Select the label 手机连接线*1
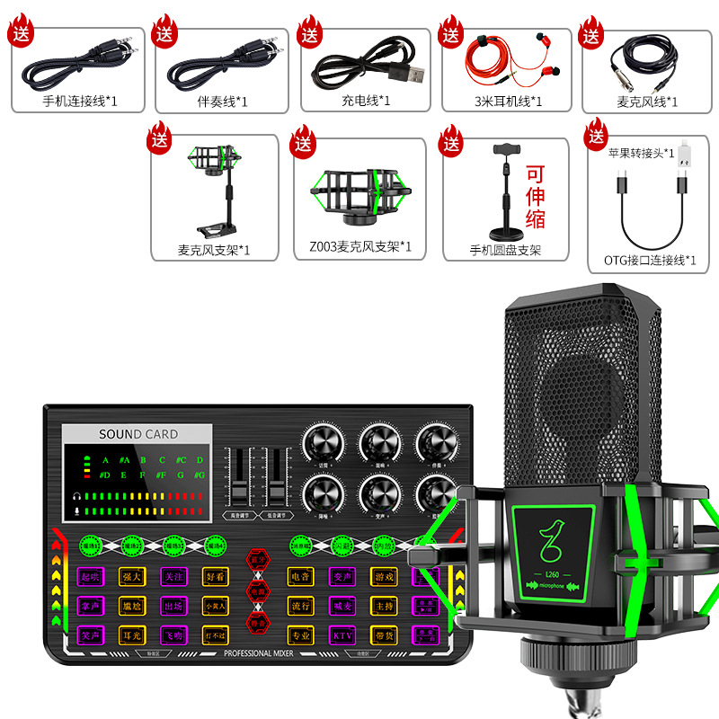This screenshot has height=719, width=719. coord(80,101)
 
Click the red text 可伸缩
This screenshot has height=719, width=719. coord(536,196)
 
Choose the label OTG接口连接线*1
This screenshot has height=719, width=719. coord(644,261)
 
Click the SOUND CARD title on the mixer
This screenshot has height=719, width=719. coord(138,434)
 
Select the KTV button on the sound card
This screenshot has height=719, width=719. coord(343,635)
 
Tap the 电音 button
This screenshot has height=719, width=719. coord(300,574)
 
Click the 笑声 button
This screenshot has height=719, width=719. coord(89,635)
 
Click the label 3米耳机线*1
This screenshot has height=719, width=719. coord(508,101)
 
